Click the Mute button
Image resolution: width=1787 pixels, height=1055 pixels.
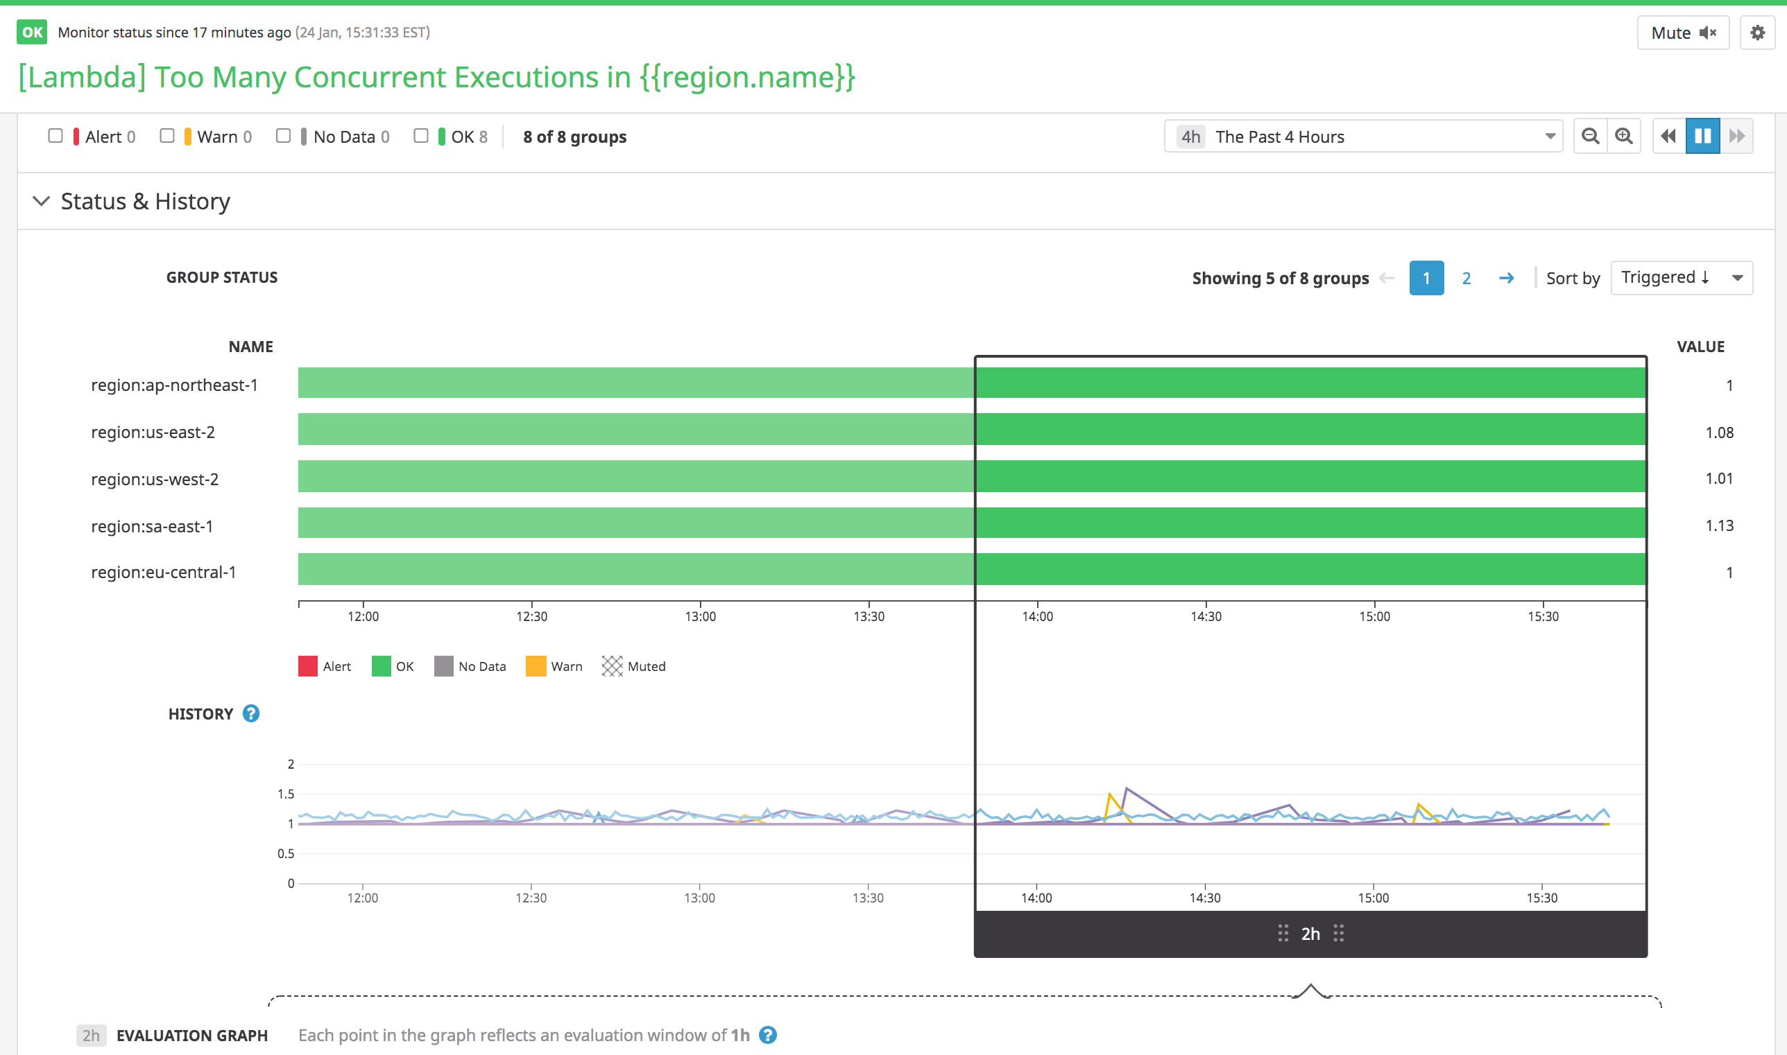[x=1682, y=33]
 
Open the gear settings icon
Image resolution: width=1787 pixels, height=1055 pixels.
[x=1757, y=33]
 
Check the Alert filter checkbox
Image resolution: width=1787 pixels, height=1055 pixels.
[x=55, y=136]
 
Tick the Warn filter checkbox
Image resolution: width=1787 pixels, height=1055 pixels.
[x=167, y=136]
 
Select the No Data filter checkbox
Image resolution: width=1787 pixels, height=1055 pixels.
[x=283, y=136]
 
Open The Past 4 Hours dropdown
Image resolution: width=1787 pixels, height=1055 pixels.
[x=1362, y=137]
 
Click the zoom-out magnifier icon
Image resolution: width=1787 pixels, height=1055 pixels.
[x=1590, y=136]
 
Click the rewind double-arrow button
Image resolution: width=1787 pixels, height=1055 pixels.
[x=1668, y=136]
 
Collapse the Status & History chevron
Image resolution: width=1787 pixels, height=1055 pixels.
[x=41, y=201]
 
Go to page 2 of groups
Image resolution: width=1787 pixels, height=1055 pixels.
[x=1467, y=278]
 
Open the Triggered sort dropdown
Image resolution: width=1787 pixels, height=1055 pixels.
[x=1681, y=277]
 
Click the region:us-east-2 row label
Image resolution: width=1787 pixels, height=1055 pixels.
[x=153, y=433]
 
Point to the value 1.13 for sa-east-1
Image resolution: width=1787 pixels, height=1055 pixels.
[x=1719, y=525]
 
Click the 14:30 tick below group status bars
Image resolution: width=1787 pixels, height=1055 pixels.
[x=1206, y=616]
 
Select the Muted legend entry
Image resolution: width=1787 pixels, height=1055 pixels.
[x=634, y=666]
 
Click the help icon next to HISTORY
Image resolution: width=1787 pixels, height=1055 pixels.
[x=251, y=713]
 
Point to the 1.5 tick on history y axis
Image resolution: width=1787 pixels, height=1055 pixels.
[x=286, y=794]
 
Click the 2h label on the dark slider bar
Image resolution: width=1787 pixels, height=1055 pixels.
[x=1310, y=934]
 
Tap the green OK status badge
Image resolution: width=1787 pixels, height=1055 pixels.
[x=32, y=32]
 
